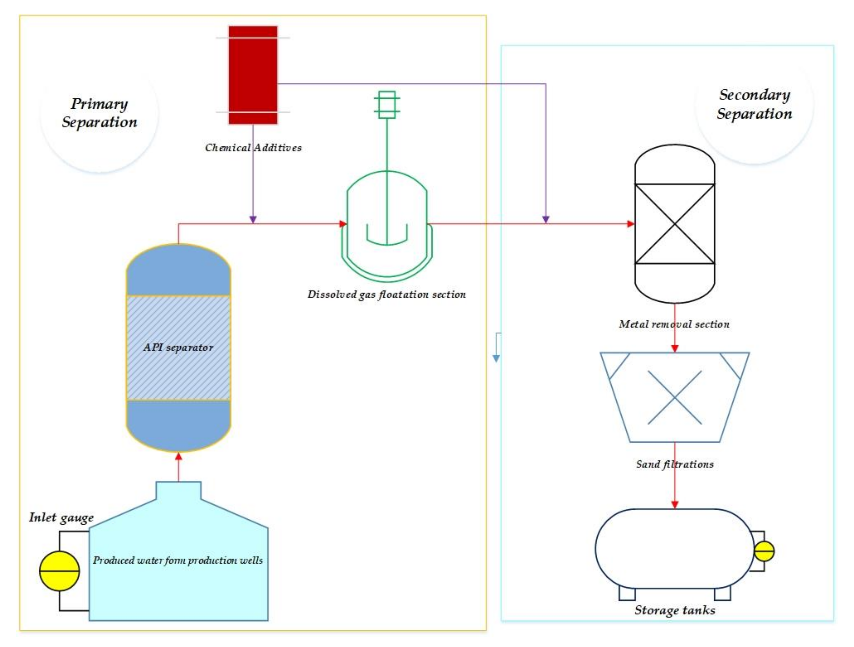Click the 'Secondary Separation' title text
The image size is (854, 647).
[x=754, y=104]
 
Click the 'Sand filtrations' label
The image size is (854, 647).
[x=675, y=464]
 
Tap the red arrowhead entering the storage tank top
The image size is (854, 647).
[x=675, y=505]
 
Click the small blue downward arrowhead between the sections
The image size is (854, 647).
[x=497, y=358]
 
